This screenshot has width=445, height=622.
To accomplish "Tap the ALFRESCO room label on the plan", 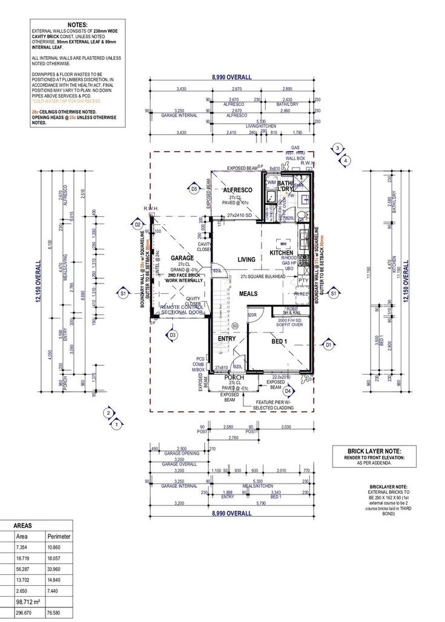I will pyautogui.click(x=237, y=190).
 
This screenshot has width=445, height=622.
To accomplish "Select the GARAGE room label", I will pyautogui.click(x=182, y=258).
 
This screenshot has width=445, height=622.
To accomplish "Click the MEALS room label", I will pyautogui.click(x=248, y=294).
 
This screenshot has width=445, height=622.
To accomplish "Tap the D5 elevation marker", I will pyautogui.click(x=194, y=189).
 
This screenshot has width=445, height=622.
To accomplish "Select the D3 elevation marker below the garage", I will pyautogui.click(x=173, y=334).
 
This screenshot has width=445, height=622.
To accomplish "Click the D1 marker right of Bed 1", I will pyautogui.click(x=329, y=345).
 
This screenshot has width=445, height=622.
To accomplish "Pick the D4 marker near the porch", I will pyautogui.click(x=288, y=390).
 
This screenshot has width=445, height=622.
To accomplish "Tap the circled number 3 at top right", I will pyautogui.click(x=338, y=147).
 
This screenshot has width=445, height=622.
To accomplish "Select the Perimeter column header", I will pyautogui.click(x=59, y=536).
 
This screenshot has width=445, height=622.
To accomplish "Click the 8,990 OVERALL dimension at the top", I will pyautogui.click(x=231, y=77).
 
